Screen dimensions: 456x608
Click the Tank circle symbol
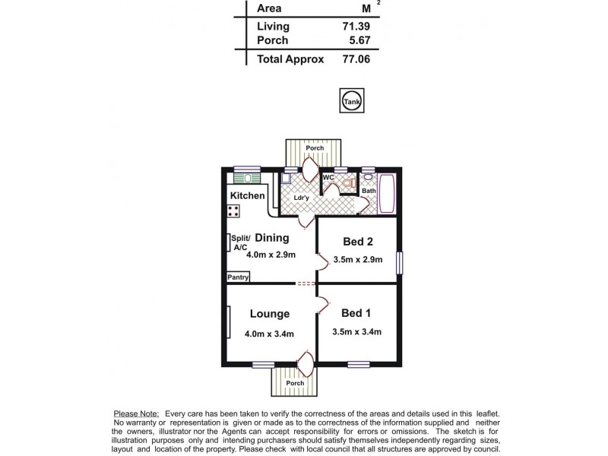(350, 100)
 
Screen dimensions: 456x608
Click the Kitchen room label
(247, 195)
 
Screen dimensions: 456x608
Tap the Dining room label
(271, 237)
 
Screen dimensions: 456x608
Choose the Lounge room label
(269, 313)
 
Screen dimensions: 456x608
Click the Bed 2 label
(357, 242)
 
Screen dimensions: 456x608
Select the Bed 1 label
(356, 313)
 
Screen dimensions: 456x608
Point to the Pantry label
(238, 277)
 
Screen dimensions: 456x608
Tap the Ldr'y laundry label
(301, 198)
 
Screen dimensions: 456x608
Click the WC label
(328, 178)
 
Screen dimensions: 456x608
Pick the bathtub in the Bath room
(387, 195)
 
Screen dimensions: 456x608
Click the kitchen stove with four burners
(233, 212)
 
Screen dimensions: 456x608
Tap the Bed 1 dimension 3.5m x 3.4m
(356, 331)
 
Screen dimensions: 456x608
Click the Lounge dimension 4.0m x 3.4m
(269, 333)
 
